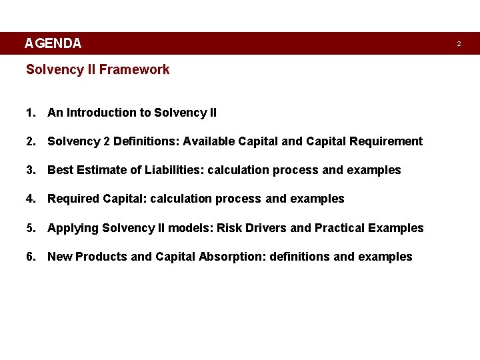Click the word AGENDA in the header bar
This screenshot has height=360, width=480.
(53, 44)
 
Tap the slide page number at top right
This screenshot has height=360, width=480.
(459, 44)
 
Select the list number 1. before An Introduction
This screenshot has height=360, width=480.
(31, 113)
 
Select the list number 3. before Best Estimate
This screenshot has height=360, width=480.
(31, 170)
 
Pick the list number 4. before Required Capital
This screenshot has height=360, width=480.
(31, 199)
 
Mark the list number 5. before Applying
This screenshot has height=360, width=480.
(31, 228)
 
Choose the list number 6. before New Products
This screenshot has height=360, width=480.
(31, 257)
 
